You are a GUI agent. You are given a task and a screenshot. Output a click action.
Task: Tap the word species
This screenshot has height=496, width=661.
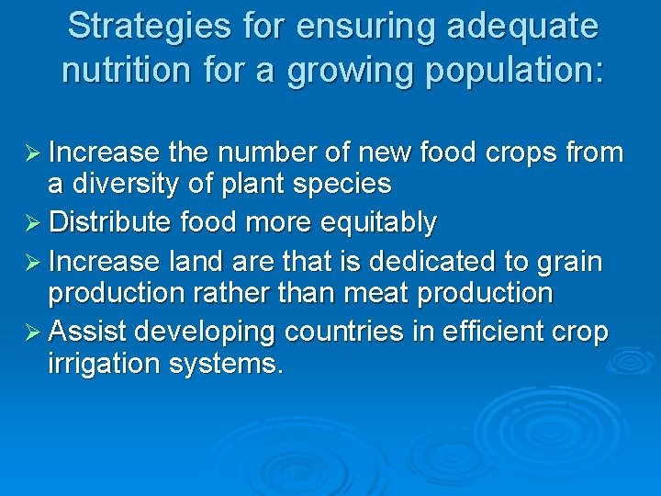tap(344, 184)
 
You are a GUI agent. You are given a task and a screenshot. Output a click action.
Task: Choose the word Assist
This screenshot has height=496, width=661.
tap(89, 332)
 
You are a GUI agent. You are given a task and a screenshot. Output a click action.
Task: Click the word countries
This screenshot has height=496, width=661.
tap(320, 332)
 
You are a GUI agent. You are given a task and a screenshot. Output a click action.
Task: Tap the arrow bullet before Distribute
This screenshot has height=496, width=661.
tap(29, 222)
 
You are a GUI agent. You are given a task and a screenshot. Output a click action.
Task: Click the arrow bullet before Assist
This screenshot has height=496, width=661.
tap(29, 332)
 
